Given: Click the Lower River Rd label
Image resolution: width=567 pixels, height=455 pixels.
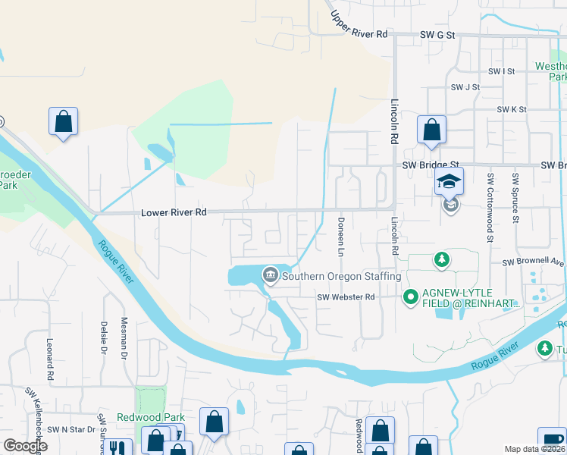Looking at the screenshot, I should click(x=174, y=213).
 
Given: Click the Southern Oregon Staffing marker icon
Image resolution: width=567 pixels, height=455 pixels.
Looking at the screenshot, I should click(x=270, y=276).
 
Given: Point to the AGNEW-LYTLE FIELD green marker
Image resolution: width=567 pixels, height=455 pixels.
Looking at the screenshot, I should click(x=411, y=297).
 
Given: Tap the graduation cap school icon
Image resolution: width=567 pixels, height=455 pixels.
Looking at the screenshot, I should click(x=449, y=182).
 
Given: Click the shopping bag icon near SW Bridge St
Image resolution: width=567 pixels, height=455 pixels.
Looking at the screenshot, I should click(x=431, y=130).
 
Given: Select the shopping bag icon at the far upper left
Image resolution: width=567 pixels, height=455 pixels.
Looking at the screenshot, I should click(x=63, y=121).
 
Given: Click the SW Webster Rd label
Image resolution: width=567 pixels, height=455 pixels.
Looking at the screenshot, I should click(x=346, y=297).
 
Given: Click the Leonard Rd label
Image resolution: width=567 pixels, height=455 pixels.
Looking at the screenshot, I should click(x=50, y=359).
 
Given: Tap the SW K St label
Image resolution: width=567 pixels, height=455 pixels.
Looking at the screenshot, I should click(x=512, y=109).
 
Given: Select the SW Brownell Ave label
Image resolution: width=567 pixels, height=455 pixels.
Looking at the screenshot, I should click(x=534, y=262).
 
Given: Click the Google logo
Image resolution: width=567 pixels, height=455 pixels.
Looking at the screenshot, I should click(x=25, y=446).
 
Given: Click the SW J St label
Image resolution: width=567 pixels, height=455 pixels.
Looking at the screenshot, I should click(x=465, y=87).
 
